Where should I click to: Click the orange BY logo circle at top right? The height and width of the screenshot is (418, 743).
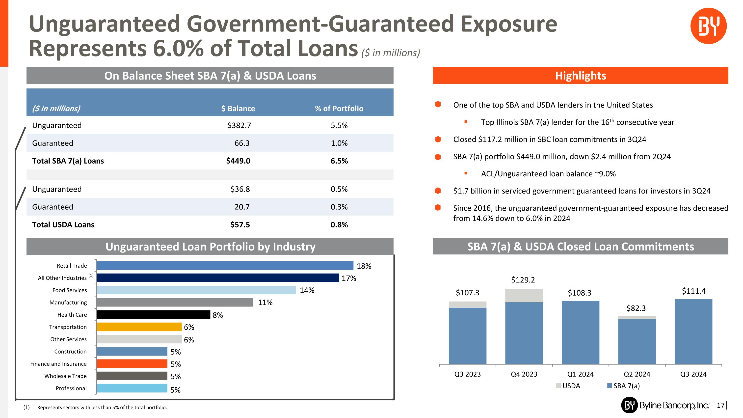[x=708, y=26]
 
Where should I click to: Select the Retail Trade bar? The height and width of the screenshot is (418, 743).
[x=225, y=265]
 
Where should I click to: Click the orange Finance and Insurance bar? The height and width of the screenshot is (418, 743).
[x=132, y=363]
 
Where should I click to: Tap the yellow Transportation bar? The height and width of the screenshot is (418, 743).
[x=139, y=327]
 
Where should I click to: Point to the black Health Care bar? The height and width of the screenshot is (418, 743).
[x=154, y=314]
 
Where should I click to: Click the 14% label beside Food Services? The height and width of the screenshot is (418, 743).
[x=307, y=290]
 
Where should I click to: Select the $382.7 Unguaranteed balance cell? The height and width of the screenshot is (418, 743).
[x=239, y=125]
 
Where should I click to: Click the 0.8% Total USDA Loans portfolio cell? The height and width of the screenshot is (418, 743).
[x=339, y=224]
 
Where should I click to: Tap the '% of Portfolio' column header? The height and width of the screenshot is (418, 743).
[x=339, y=109]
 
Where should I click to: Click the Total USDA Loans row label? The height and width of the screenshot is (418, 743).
[x=63, y=224]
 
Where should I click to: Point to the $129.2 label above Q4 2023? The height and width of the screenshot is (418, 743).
[x=523, y=280]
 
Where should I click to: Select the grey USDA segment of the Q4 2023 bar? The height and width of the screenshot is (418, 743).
[x=524, y=295]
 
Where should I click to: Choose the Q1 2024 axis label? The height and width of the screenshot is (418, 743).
[x=580, y=374]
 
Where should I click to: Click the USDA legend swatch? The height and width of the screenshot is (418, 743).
[x=558, y=386]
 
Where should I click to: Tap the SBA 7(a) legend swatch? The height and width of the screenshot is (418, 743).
[x=610, y=386]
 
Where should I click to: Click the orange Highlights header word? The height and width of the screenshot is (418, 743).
[x=580, y=76]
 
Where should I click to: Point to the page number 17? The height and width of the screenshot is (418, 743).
[x=720, y=405]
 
